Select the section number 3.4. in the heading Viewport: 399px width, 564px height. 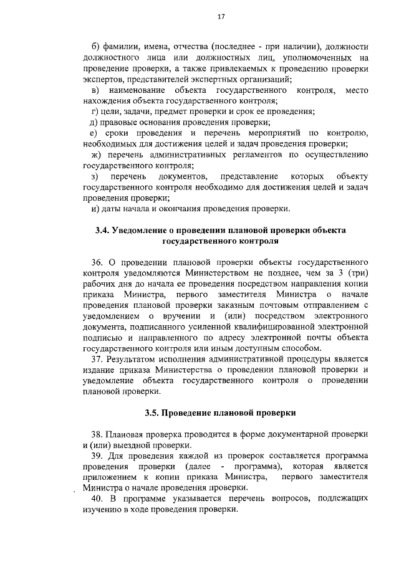[102, 229]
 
